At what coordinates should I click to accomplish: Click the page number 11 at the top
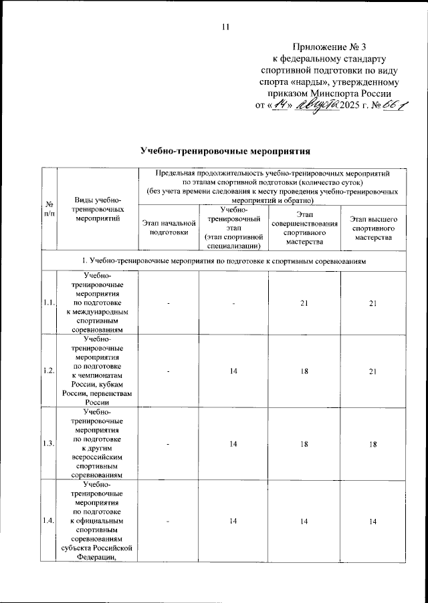coord(225,27)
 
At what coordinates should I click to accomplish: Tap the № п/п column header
coord(49,208)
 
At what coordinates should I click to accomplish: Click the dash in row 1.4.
coord(169,520)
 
